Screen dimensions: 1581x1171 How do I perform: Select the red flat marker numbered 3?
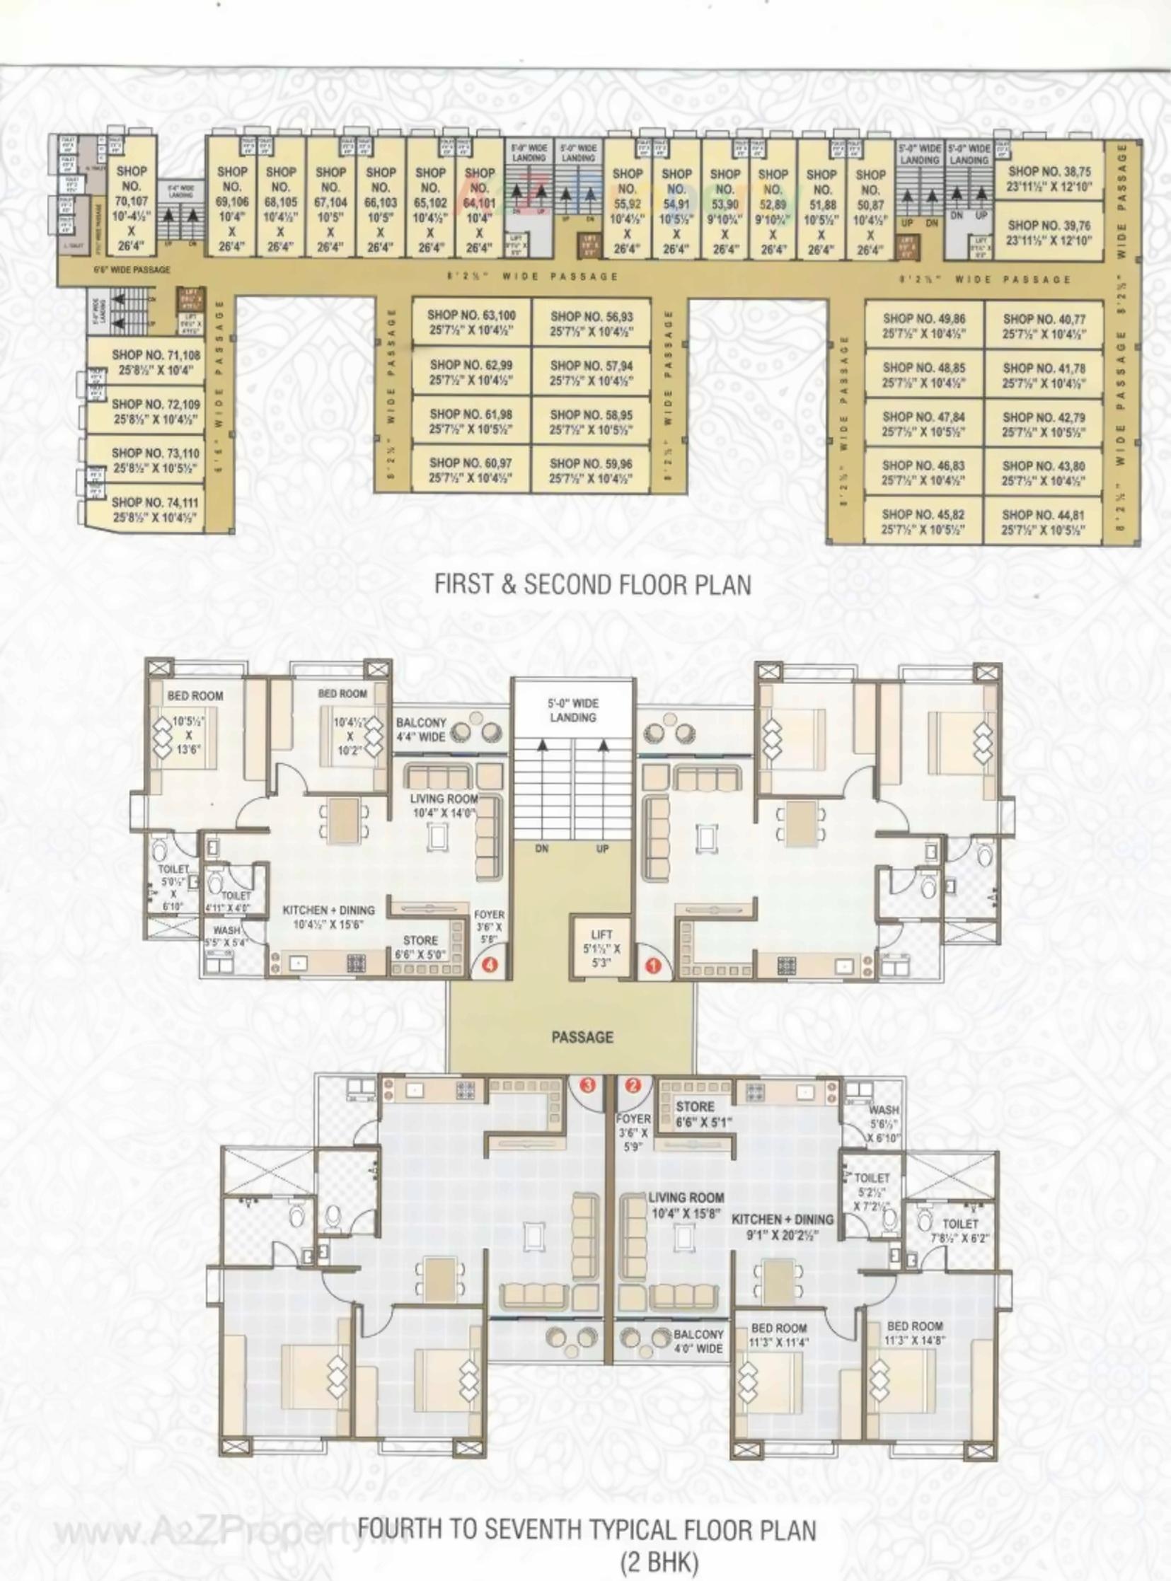click(x=588, y=1084)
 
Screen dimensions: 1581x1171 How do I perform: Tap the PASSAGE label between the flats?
click(x=582, y=1038)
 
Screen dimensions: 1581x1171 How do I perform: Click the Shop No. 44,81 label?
click(x=1043, y=522)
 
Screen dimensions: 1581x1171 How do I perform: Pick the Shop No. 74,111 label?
click(x=154, y=509)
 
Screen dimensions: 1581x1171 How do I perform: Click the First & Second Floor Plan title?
click(x=592, y=584)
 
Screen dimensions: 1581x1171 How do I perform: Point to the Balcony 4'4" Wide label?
click(x=421, y=729)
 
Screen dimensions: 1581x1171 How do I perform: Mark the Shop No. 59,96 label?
click(x=591, y=471)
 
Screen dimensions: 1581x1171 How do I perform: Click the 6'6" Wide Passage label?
click(x=132, y=270)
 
